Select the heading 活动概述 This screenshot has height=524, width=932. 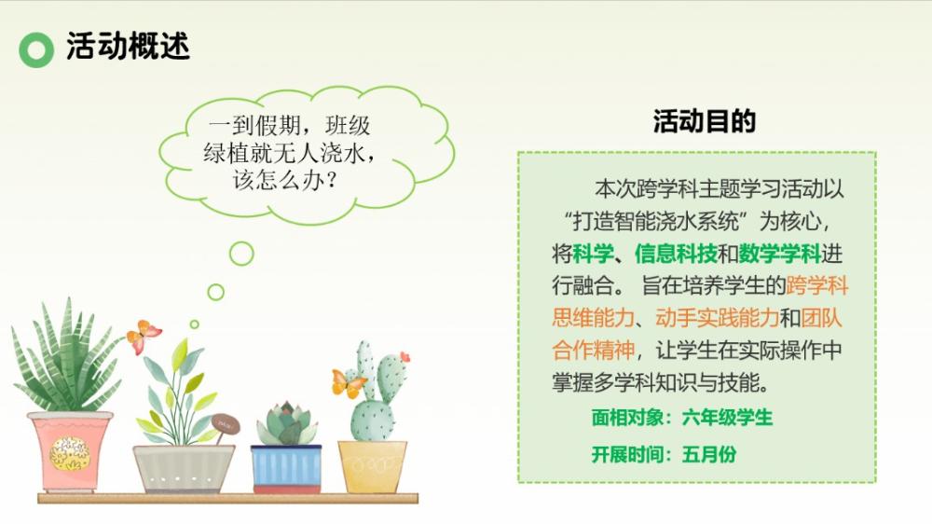coord(128,46)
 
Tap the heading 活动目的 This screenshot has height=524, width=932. coord(705,120)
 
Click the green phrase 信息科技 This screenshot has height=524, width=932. coord(676,254)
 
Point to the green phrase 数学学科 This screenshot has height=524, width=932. coord(780,254)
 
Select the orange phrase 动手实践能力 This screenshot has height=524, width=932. coord(718,318)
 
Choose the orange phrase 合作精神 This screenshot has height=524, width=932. coord(593,350)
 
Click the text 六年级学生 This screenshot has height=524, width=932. coord(727,418)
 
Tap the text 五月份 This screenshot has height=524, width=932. coord(709,454)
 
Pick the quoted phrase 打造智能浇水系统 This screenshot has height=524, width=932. coord(655,222)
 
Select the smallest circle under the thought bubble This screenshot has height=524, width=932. coord(195,324)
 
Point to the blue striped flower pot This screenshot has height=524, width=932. coord(286,469)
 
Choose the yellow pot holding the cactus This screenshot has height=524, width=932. coord(373,467)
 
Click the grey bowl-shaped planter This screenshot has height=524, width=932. coord(184,469)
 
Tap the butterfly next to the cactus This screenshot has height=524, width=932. coord(348,383)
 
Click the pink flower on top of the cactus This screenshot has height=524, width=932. coord(405,357)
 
